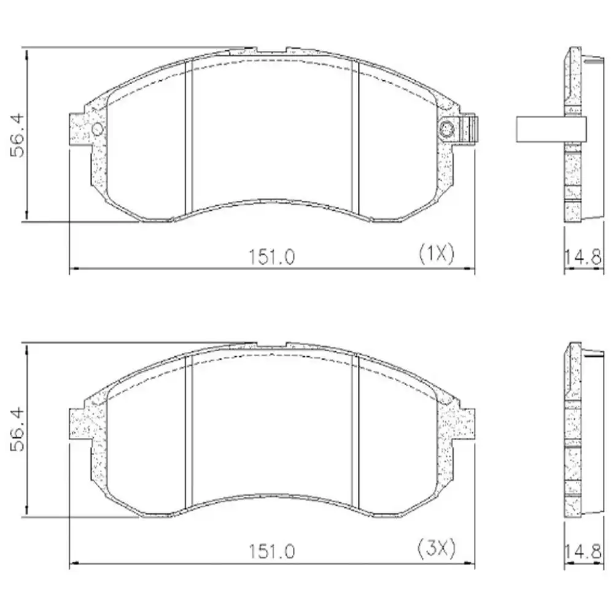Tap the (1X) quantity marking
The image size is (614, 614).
pyautogui.click(x=435, y=252)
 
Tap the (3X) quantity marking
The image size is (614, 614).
pyautogui.click(x=435, y=547)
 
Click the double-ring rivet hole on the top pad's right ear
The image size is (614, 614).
pyautogui.click(x=446, y=129)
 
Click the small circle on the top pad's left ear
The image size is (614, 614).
pyautogui.click(x=97, y=129)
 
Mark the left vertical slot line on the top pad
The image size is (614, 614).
pyautogui.click(x=189, y=135)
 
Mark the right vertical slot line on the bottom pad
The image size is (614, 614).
pyautogui.click(x=354, y=430)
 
